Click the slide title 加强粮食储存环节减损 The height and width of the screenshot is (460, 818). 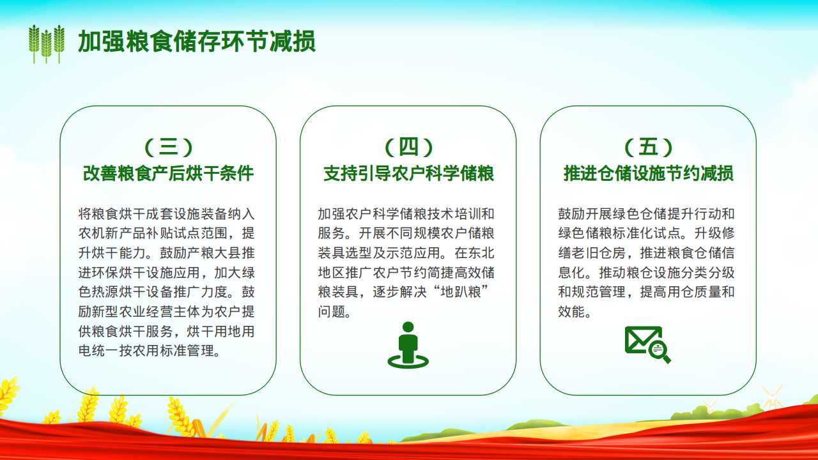(x=196, y=42)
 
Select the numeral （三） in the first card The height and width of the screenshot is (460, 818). (x=168, y=147)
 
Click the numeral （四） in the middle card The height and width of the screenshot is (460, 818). (x=408, y=147)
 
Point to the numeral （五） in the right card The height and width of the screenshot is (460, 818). (x=648, y=147)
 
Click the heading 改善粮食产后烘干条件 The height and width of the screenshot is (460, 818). (x=168, y=173)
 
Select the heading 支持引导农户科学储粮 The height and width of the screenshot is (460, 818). (x=408, y=173)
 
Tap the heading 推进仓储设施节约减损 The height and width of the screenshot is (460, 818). (x=648, y=173)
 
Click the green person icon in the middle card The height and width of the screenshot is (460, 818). (x=408, y=345)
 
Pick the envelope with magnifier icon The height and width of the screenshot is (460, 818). (x=647, y=344)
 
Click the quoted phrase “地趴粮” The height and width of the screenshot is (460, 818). (x=461, y=292)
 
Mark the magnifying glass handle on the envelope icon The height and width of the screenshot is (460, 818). (x=667, y=358)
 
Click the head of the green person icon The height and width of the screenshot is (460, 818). (x=408, y=327)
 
